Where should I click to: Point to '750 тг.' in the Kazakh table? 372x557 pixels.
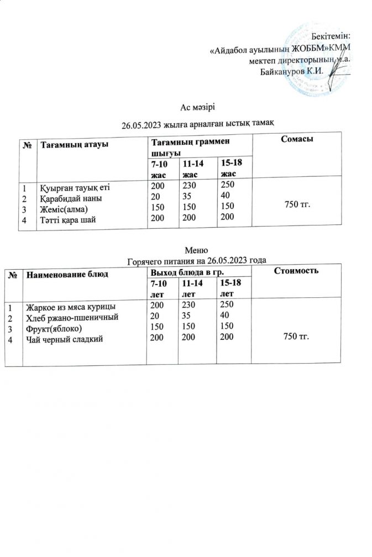pos(297,205)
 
